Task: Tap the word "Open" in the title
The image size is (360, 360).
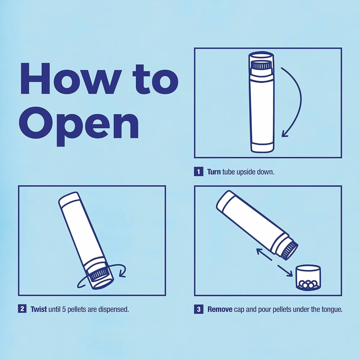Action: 79,126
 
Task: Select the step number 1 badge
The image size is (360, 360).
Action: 199,171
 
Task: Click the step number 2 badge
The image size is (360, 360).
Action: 22,309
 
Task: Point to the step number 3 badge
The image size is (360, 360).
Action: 199,309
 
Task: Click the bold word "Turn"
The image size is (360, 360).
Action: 214,172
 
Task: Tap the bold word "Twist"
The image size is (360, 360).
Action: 39,309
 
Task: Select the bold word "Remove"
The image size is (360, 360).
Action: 220,310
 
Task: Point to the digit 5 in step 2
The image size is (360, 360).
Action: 64,309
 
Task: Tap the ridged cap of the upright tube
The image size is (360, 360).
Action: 261,65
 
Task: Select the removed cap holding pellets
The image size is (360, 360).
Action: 308,277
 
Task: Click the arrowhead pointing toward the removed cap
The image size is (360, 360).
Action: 289,273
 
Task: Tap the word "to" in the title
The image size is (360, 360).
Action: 156,79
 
